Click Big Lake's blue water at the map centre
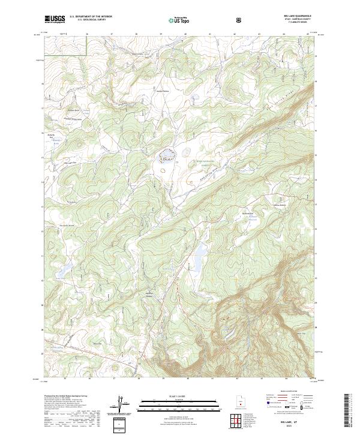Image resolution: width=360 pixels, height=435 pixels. (x=166, y=158)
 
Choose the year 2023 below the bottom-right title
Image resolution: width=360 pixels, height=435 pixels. (x=293, y=427)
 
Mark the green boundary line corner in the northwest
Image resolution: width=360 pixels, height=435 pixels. (x=88, y=56)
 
